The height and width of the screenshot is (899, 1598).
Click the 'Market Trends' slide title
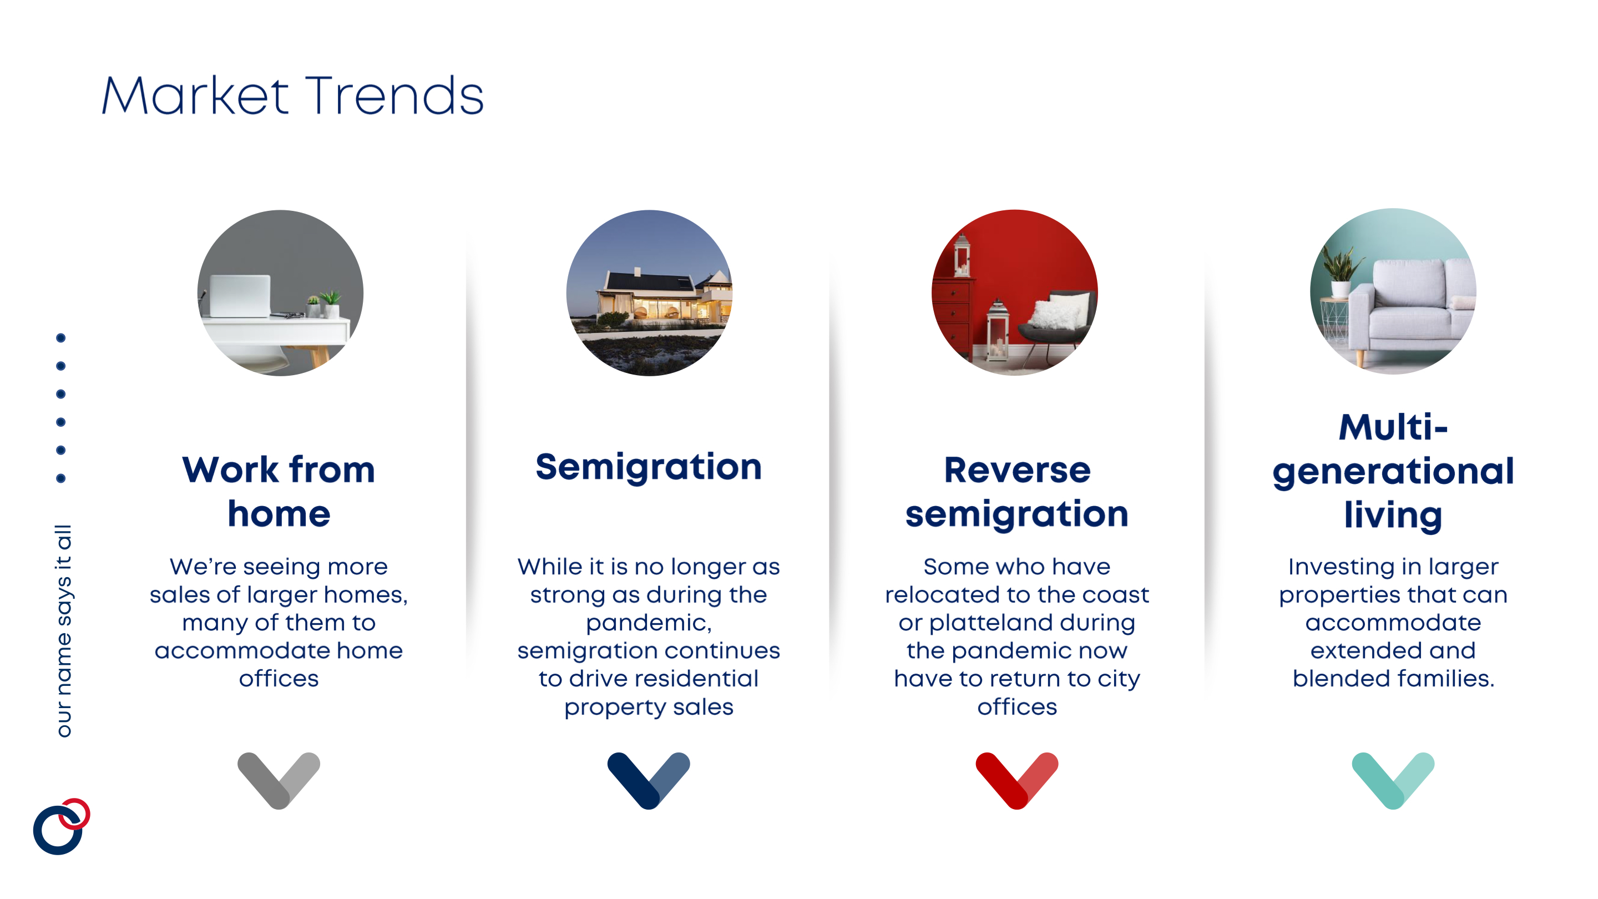pos(292,95)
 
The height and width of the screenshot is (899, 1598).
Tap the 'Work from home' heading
pos(279,491)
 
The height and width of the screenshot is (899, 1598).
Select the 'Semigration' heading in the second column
pos(649,468)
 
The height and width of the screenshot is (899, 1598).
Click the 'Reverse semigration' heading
pos(1017,491)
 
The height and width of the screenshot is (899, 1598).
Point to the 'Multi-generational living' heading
pos(1393,472)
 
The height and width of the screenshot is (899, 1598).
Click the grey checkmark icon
pos(279,780)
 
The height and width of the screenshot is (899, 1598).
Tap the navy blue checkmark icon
pos(649,780)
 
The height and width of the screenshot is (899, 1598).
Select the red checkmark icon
pos(1017,780)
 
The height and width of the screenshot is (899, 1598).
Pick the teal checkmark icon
pos(1393,780)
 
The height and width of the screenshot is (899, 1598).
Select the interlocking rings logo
pos(62,826)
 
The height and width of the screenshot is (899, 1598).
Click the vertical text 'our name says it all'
pos(64,631)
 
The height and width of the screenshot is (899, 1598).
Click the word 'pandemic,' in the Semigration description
pos(649,623)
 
